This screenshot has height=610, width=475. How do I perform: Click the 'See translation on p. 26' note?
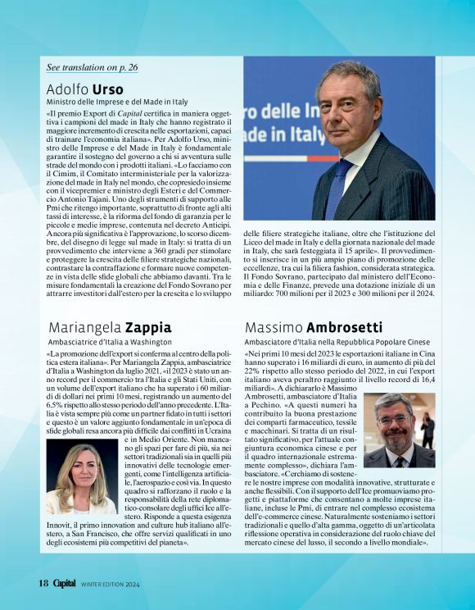[92, 66]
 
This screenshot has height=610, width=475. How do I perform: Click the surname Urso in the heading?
[108, 89]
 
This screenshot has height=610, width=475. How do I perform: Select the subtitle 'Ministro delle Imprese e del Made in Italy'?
[117, 102]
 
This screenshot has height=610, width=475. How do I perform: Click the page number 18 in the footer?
[43, 583]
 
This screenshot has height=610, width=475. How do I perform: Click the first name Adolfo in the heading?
[67, 89]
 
